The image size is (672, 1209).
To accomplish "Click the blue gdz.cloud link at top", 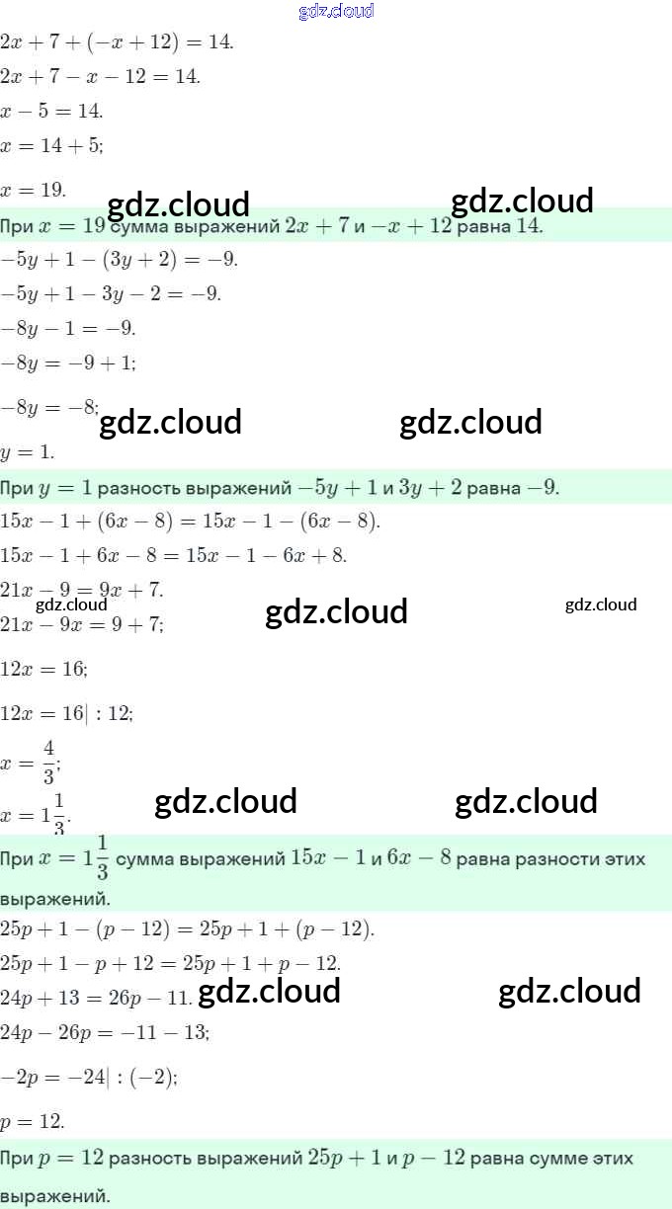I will [335, 12].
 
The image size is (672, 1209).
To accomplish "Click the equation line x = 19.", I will [34, 189].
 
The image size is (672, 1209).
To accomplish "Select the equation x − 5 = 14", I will [51, 111].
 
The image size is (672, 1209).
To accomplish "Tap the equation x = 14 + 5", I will [51, 145].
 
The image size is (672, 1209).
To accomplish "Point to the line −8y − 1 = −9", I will [68, 328].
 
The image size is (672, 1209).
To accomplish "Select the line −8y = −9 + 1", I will [68, 363].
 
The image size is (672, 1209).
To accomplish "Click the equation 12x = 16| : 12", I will [66, 713].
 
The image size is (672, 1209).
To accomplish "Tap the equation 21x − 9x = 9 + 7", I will [82, 624].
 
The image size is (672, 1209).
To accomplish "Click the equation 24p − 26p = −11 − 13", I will [105, 1033].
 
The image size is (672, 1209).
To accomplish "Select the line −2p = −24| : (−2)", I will [89, 1078].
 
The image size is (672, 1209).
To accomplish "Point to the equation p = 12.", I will [33, 1122].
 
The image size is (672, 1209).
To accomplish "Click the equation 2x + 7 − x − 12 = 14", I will [100, 76].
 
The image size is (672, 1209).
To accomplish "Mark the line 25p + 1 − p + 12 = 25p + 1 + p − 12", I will [171, 963].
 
